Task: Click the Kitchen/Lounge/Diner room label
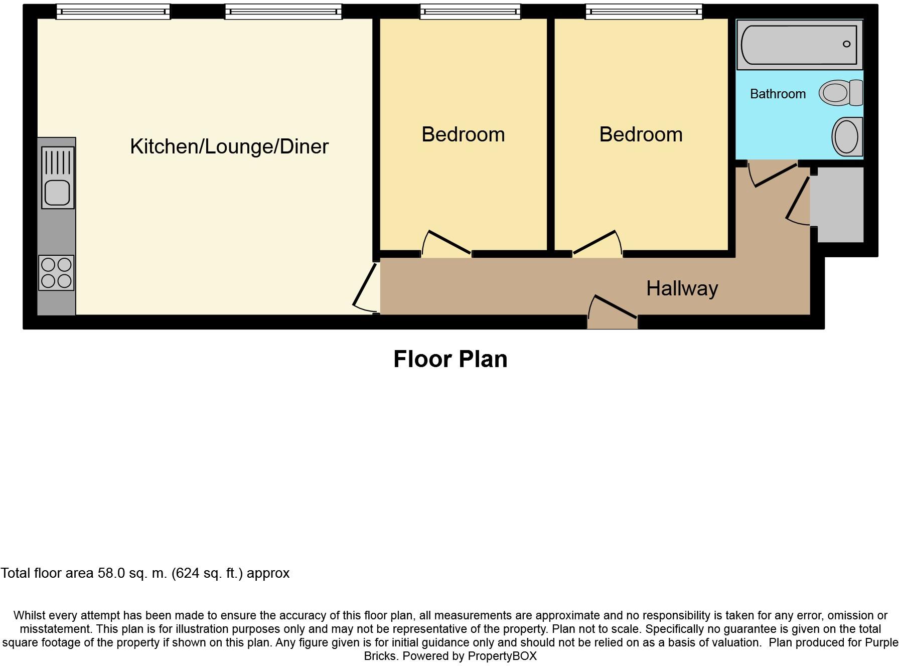tap(229, 146)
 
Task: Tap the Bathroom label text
tap(778, 94)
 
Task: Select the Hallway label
tap(682, 288)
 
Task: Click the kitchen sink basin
tap(57, 193)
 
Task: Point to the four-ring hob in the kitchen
tap(56, 273)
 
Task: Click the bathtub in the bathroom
tap(799, 45)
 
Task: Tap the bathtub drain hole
tap(847, 44)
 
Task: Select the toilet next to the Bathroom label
tap(841, 93)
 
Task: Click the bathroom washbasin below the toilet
tap(847, 136)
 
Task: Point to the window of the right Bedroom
tap(644, 12)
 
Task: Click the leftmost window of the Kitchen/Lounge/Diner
tap(113, 12)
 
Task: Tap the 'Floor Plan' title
tap(451, 359)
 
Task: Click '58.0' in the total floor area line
tap(111, 573)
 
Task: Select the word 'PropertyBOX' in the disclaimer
tap(502, 656)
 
